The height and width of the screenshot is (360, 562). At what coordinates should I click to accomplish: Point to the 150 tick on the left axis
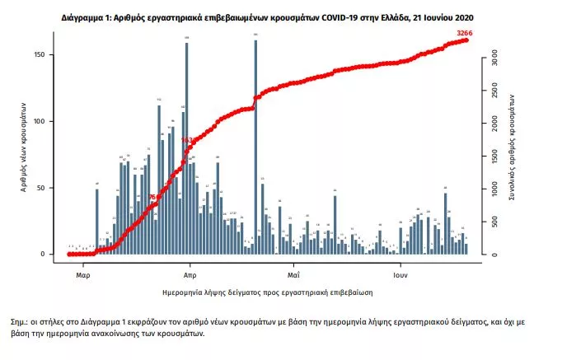49,55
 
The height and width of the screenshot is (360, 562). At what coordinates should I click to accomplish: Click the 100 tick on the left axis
49,121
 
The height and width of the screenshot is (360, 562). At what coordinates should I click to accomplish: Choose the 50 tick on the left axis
50,188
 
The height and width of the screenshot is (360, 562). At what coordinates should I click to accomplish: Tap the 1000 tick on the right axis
494,189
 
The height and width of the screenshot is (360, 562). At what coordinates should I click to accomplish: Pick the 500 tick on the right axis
494,222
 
